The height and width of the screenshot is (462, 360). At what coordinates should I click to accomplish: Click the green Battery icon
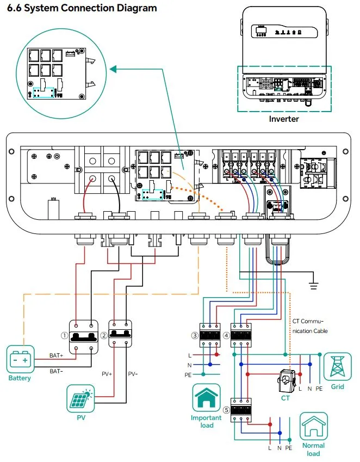[x=20, y=360]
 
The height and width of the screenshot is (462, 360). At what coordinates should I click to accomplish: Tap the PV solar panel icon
[x=80, y=399]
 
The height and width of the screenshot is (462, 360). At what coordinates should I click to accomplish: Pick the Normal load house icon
[x=314, y=427]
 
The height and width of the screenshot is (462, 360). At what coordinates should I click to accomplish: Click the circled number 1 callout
[x=64, y=336]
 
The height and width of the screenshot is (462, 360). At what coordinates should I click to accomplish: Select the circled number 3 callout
[x=194, y=336]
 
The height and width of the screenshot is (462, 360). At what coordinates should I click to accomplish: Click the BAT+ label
[x=57, y=355]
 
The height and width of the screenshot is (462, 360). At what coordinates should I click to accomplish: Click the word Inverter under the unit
[x=284, y=119]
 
